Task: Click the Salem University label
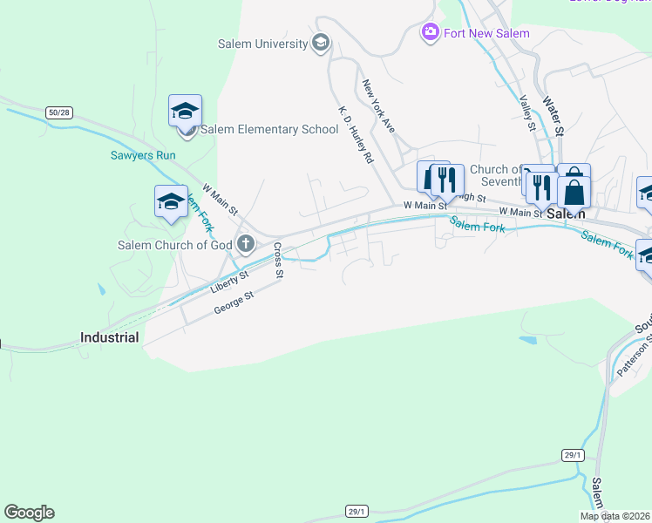click(x=262, y=44)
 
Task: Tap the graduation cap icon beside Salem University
click(x=320, y=43)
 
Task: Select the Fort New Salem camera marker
click(x=430, y=33)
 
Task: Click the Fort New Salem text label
click(x=487, y=33)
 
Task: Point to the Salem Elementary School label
click(x=269, y=130)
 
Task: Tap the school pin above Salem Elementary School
click(x=186, y=112)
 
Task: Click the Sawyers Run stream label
click(x=143, y=156)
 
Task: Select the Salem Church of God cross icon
click(x=247, y=244)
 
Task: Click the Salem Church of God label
click(x=175, y=245)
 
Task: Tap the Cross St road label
click(x=278, y=261)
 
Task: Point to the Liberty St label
click(x=230, y=281)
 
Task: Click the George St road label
click(x=234, y=303)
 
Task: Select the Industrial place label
click(x=109, y=337)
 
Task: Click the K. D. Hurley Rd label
click(x=356, y=136)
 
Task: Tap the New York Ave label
click(x=379, y=106)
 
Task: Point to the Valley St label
click(x=526, y=113)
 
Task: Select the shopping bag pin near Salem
click(x=574, y=189)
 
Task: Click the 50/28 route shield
click(x=58, y=112)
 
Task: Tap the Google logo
click(x=29, y=513)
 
